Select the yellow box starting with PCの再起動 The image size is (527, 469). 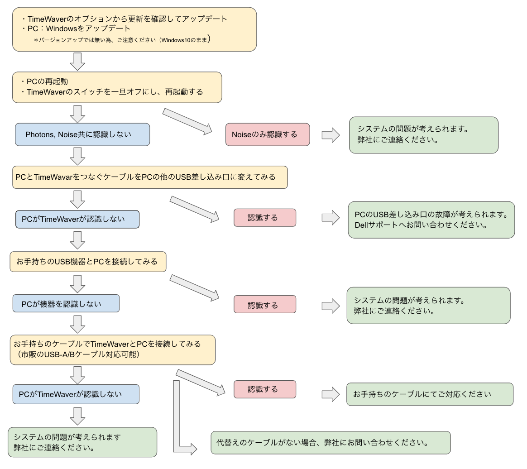117,86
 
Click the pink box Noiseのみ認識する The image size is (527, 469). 267,134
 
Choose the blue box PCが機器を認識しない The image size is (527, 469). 66,303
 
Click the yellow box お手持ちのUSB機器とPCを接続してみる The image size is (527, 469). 88,262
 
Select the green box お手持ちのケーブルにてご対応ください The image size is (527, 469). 430,394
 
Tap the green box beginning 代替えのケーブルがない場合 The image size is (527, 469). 331,442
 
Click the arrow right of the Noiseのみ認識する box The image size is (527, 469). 331,135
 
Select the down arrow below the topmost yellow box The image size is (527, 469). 78,61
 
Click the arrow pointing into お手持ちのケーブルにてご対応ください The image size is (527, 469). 331,394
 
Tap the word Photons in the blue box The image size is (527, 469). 39,134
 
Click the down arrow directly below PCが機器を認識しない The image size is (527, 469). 78,324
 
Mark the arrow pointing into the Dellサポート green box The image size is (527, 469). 331,218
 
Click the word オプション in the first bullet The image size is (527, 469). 83,19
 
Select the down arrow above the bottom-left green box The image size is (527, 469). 78,415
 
